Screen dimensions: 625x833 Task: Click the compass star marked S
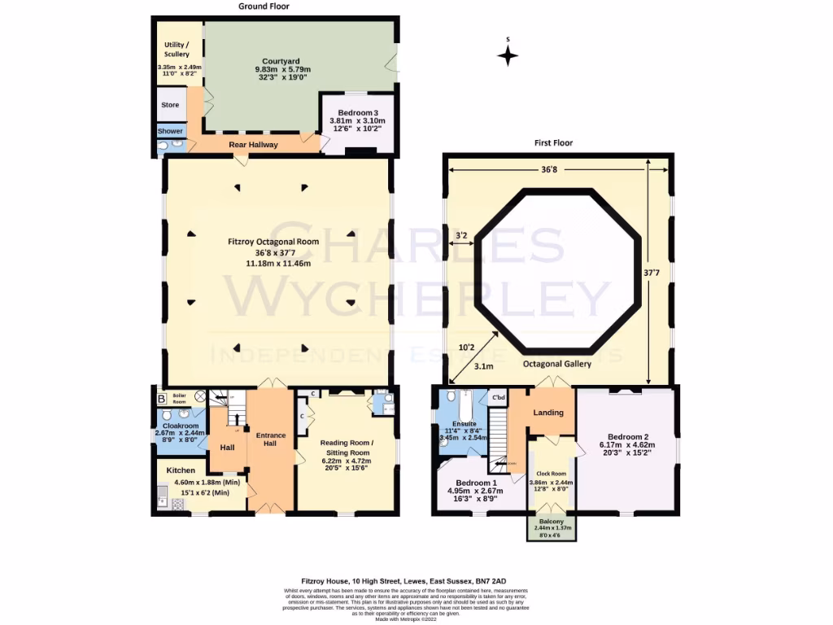tap(508, 55)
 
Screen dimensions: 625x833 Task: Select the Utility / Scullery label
tap(176, 50)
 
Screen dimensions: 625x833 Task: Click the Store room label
tap(170, 105)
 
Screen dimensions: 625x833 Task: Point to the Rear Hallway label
tap(253, 145)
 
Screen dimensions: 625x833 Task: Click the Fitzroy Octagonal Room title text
tap(273, 242)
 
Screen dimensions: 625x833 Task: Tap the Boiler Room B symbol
tap(161, 399)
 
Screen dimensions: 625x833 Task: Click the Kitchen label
tap(181, 470)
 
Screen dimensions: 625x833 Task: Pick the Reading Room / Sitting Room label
tap(345, 448)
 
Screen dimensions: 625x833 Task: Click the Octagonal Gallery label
tap(559, 364)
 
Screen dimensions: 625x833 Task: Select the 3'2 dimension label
tap(461, 237)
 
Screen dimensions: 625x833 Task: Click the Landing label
tap(547, 413)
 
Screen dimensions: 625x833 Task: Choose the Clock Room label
tap(551, 473)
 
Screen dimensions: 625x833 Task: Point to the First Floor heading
tap(553, 143)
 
